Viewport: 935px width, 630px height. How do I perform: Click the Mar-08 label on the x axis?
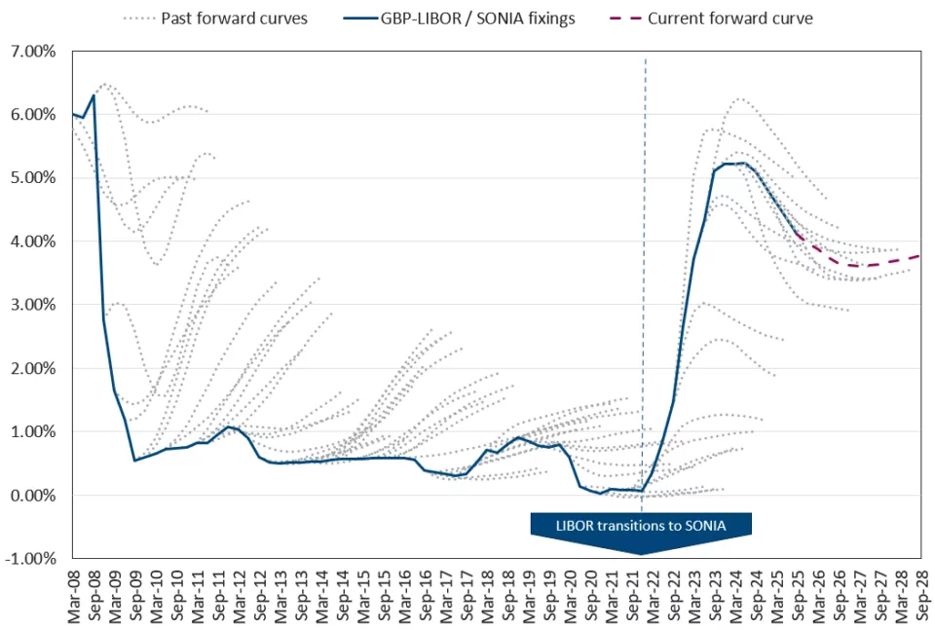coord(74,598)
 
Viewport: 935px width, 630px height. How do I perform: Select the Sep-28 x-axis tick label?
coord(919,598)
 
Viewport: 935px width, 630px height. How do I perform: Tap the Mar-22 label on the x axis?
coord(653,598)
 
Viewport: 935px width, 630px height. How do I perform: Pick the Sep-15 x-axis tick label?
coord(384,598)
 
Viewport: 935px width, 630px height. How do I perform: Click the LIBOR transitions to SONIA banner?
coord(641,525)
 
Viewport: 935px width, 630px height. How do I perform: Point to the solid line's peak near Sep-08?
coord(93,95)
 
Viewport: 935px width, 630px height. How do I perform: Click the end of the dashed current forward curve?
coord(919,256)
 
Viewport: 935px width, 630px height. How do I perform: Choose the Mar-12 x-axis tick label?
coord(240,598)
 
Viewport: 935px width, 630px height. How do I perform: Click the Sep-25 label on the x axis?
coord(797,598)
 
